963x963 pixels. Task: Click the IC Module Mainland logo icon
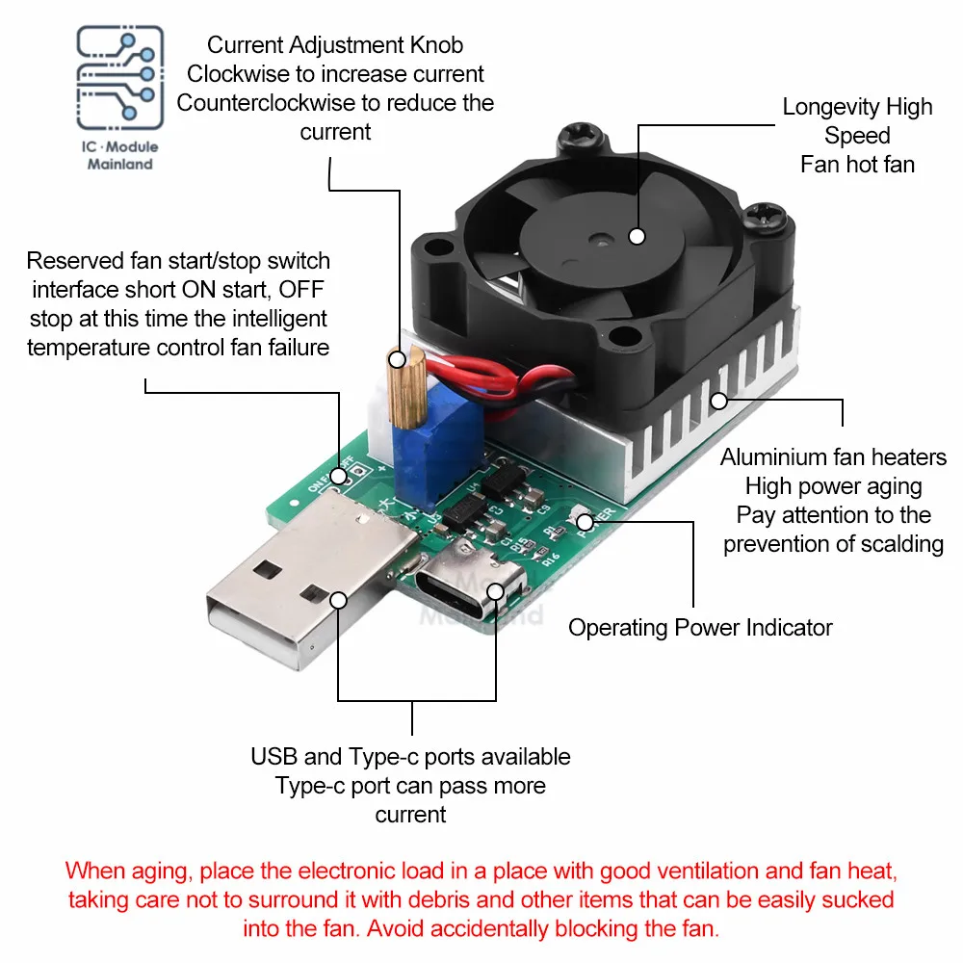(x=119, y=79)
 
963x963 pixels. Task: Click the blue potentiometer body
(x=430, y=454)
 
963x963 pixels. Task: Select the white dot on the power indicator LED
(x=585, y=521)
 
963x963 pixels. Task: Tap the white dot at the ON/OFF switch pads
(x=338, y=476)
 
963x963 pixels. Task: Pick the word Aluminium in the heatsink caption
(x=774, y=457)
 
